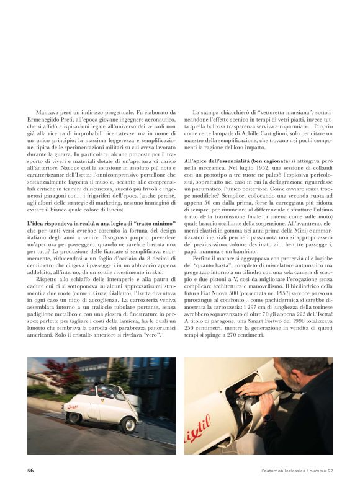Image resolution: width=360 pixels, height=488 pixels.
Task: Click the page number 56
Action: [30, 470]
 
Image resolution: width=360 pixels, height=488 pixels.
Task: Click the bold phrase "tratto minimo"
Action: [150, 222]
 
